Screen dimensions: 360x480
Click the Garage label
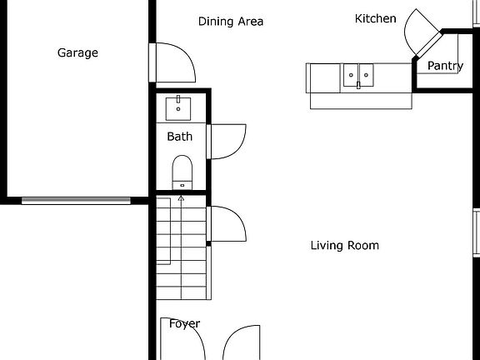(77, 52)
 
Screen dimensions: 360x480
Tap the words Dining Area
(231, 22)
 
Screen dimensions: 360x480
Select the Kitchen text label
(375, 18)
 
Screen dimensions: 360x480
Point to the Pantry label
(445, 66)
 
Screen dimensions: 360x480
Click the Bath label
(179, 137)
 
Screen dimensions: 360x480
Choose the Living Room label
(344, 245)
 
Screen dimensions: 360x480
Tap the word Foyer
(184, 323)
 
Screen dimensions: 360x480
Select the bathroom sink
(179, 107)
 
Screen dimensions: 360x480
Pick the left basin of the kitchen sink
(352, 76)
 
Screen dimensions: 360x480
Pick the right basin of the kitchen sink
(367, 76)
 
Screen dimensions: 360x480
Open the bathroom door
(227, 139)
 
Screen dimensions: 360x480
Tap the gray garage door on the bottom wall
(76, 200)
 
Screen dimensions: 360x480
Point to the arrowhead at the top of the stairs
(181, 198)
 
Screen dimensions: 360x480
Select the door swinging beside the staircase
(227, 222)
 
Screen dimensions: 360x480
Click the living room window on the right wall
(477, 233)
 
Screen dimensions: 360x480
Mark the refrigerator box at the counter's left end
(323, 77)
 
